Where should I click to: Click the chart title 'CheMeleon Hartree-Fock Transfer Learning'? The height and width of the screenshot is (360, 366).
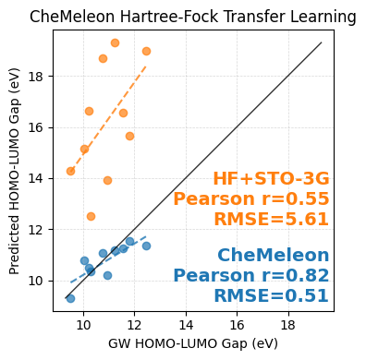[x=192, y=17]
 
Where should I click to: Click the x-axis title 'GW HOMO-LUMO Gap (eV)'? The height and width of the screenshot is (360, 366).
[x=192, y=343]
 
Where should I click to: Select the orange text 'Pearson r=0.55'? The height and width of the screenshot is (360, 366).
[x=250, y=199]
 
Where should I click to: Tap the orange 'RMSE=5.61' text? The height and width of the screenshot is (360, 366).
[x=271, y=219]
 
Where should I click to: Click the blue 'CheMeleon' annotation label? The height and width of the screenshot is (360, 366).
[x=273, y=256]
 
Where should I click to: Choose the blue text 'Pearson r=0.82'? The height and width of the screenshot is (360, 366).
[x=250, y=275]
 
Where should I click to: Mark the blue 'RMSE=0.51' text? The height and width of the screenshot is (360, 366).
[x=271, y=295]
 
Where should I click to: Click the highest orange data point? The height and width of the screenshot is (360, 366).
[x=115, y=42]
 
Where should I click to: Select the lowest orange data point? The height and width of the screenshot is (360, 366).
[x=91, y=216]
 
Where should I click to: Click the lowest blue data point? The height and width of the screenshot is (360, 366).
[x=70, y=298]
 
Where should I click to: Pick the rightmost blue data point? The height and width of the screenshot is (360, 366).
[x=146, y=246]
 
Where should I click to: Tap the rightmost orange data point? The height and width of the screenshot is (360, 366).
[x=146, y=51]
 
